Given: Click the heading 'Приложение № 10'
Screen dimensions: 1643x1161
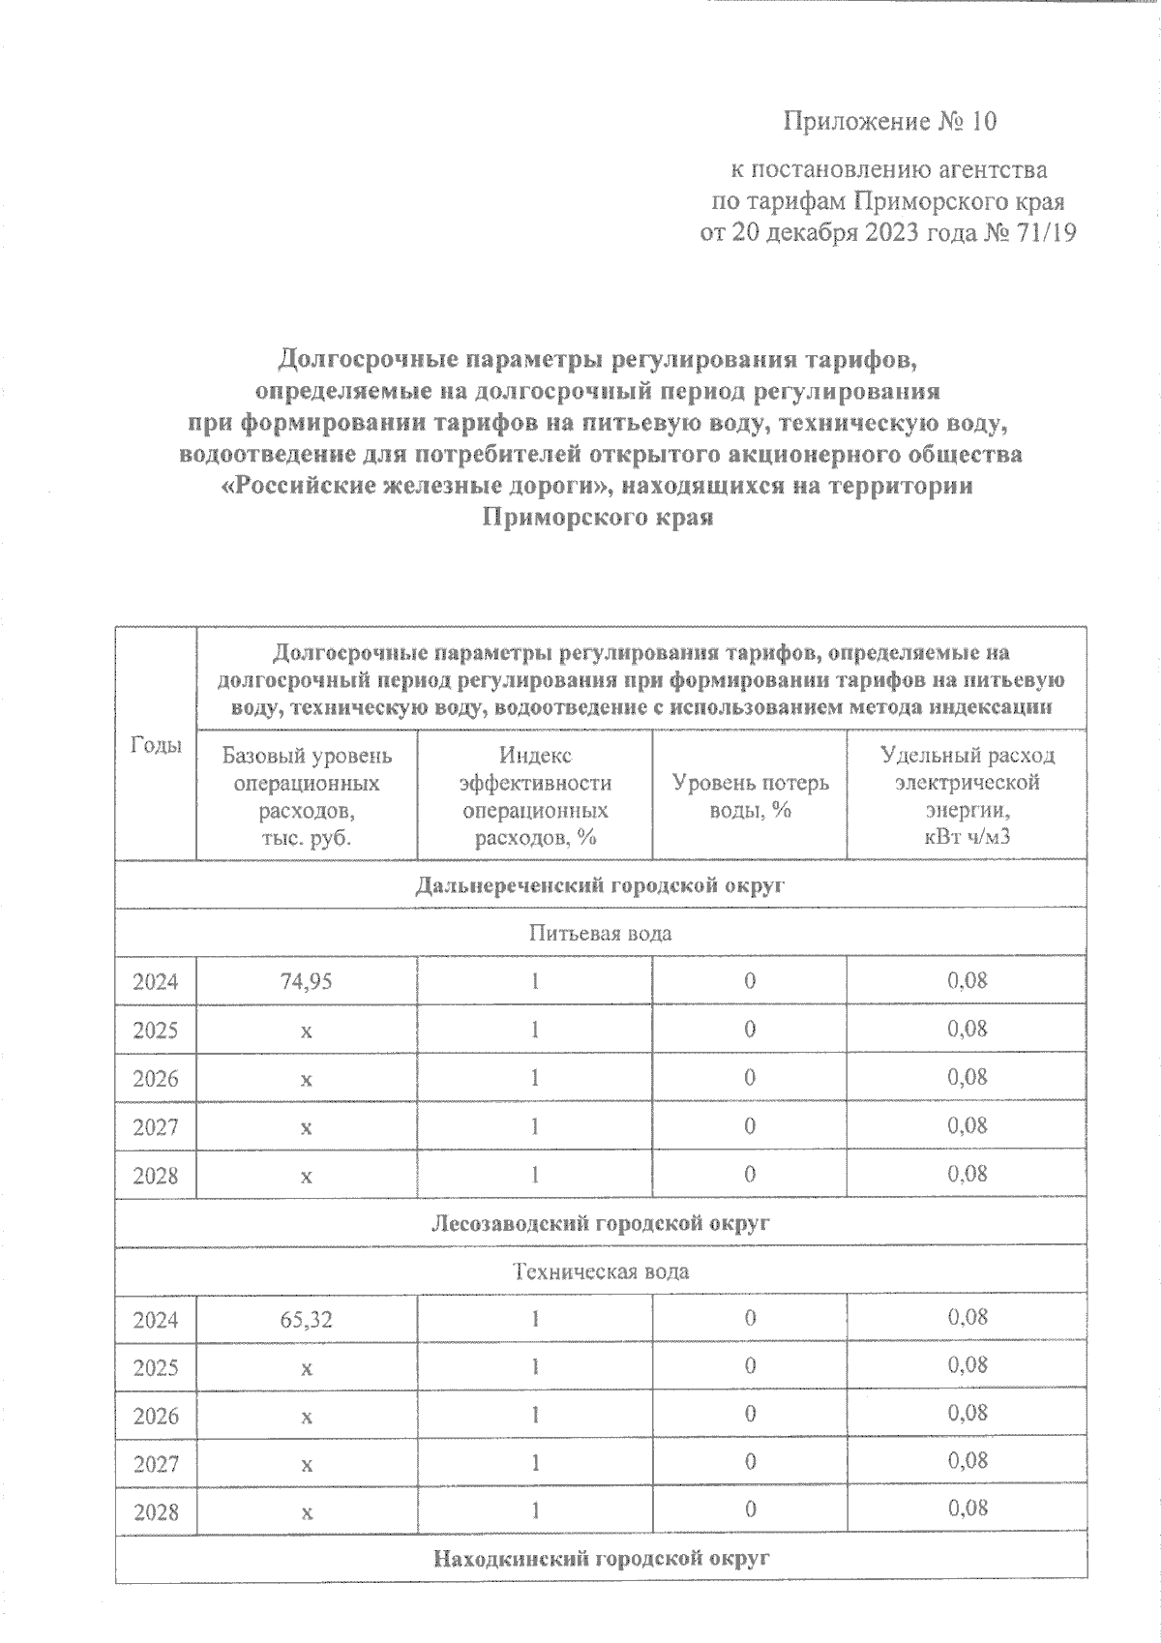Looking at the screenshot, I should pyautogui.click(x=889, y=122).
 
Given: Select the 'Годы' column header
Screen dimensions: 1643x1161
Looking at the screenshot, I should pyautogui.click(x=156, y=744).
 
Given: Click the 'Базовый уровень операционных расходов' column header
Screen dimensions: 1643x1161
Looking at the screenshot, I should pyautogui.click(x=307, y=795).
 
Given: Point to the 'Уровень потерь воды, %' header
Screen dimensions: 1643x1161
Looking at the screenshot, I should pyautogui.click(x=750, y=795).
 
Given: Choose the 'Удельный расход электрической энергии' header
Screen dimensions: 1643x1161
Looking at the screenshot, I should pyautogui.click(x=967, y=795).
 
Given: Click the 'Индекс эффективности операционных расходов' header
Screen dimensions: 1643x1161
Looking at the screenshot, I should pyautogui.click(x=535, y=795).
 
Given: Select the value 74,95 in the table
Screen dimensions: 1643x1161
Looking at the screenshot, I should pyautogui.click(x=307, y=981).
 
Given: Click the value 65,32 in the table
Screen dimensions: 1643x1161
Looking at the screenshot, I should pyautogui.click(x=307, y=1319).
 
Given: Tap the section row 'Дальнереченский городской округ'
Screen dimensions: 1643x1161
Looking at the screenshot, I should pyautogui.click(x=600, y=884).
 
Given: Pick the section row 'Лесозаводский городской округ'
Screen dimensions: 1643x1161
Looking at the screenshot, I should pyautogui.click(x=600, y=1223).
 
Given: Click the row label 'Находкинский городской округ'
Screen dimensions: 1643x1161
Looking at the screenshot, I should pyautogui.click(x=600, y=1559).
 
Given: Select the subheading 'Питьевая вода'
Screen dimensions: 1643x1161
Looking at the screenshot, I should pyautogui.click(x=600, y=934).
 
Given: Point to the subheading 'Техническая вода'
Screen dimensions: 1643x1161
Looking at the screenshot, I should pyautogui.click(x=600, y=1271).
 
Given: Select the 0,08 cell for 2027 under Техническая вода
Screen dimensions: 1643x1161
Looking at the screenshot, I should pyautogui.click(x=967, y=1459).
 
